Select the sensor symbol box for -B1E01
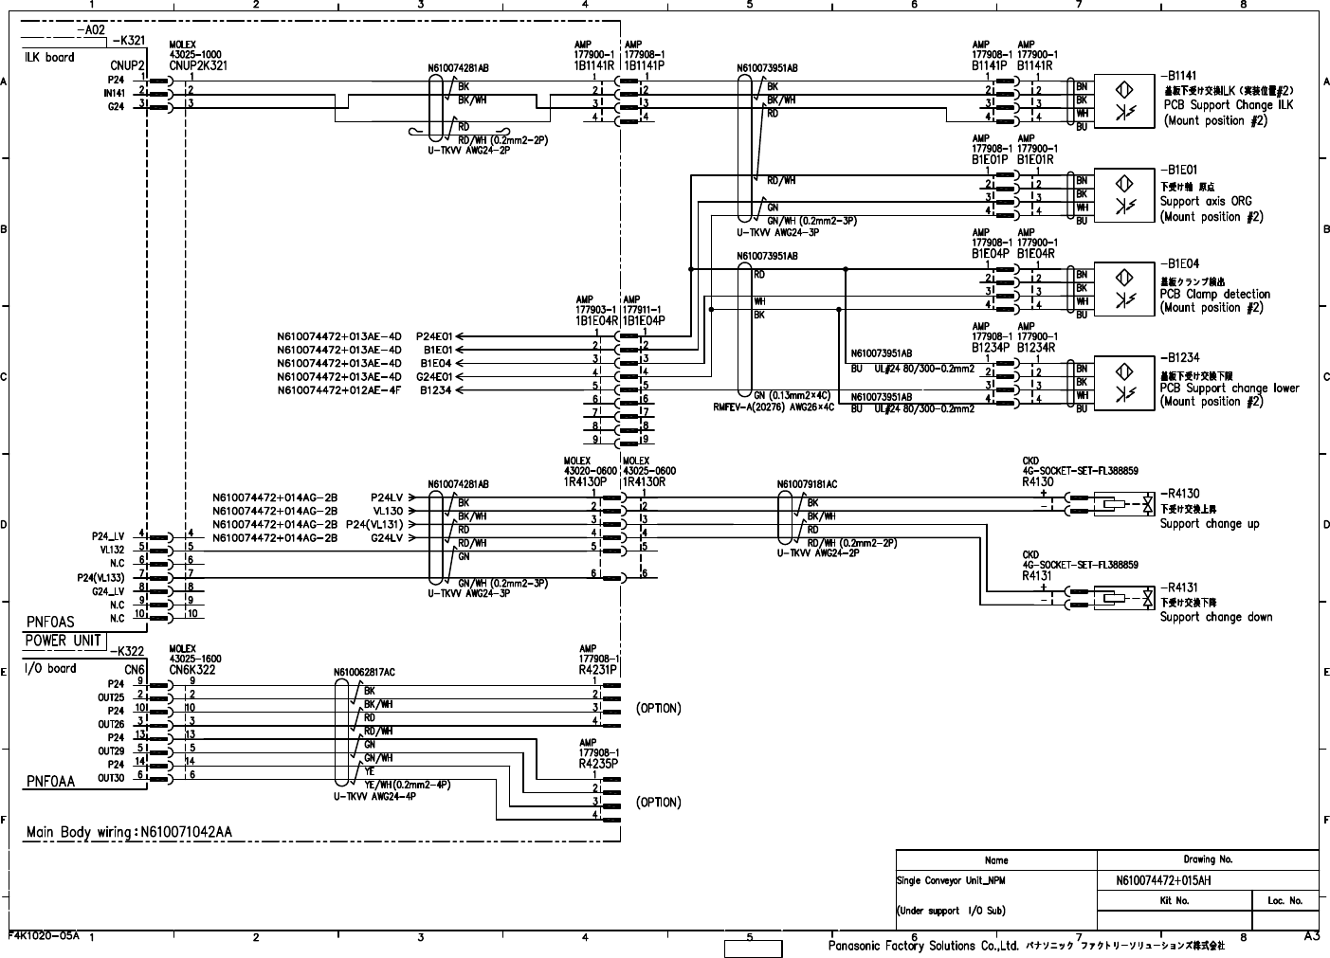(x=1125, y=193)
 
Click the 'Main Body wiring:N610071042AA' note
(x=129, y=833)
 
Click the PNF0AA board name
(x=50, y=782)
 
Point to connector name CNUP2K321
(x=198, y=66)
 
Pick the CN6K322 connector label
(x=192, y=669)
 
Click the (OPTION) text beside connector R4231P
(x=658, y=709)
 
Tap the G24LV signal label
(x=387, y=537)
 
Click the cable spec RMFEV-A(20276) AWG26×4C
(x=774, y=407)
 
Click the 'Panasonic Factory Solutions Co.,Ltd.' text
(x=923, y=946)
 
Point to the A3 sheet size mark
(x=1312, y=937)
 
